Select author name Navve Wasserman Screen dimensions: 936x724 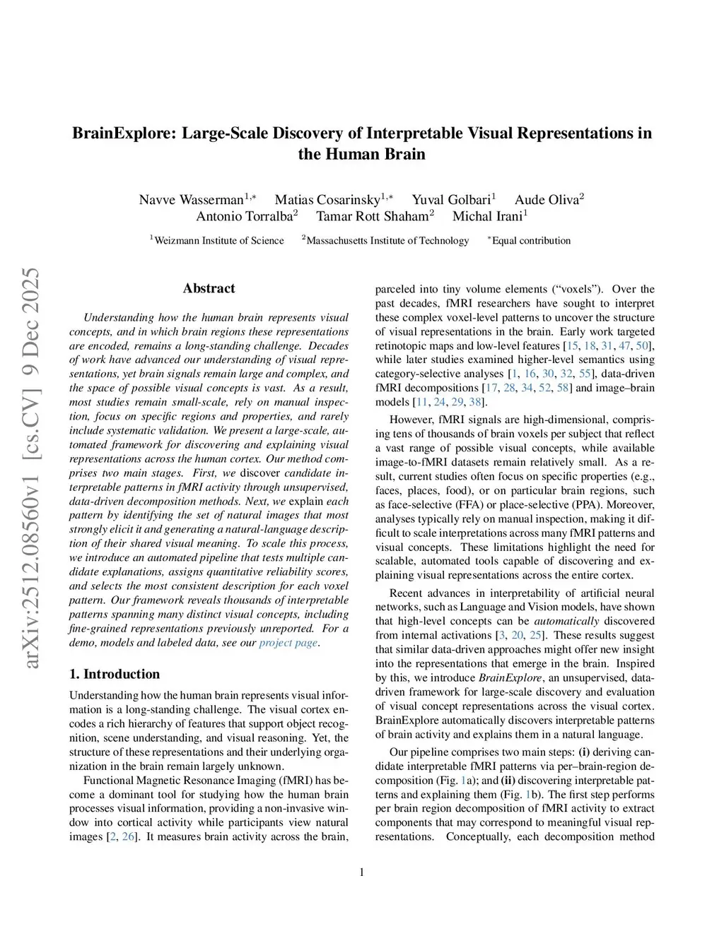[191, 199]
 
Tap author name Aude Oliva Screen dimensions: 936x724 [546, 199]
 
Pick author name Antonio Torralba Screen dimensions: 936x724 [244, 216]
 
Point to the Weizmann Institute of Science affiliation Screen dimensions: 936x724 [218, 241]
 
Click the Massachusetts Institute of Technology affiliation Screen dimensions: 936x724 [387, 241]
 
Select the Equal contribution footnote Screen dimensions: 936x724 [531, 241]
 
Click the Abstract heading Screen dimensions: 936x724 [209, 288]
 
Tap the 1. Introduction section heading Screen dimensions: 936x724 [115, 674]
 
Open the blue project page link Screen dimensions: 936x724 [288, 643]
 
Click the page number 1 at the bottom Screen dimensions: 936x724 [362, 872]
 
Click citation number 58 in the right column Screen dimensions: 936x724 [563, 388]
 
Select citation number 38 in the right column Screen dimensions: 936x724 [475, 402]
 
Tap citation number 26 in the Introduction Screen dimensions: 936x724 [128, 837]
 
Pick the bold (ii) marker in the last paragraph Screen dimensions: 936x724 [509, 781]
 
